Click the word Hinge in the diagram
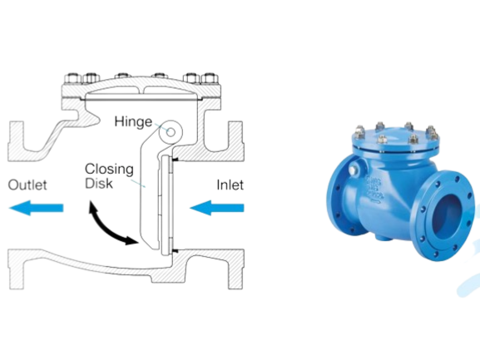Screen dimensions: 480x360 pos(133,121)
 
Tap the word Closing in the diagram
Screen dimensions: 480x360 pos(109,169)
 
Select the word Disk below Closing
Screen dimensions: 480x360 pos(98,183)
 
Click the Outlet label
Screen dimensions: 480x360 pos(27,185)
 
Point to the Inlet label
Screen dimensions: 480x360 pos(230,185)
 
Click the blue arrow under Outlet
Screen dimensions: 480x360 pos(36,208)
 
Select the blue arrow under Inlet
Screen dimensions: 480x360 pos(217,208)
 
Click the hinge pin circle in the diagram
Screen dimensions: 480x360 pos(171,132)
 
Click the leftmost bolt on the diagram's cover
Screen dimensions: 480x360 pos(73,79)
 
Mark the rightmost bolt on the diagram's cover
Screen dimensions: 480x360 pos(210,79)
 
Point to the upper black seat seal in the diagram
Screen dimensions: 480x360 pos(176,160)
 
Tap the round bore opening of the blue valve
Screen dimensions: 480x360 pos(448,218)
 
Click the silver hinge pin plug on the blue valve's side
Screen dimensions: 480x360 pos(353,170)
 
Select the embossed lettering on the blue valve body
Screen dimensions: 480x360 pos(374,190)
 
